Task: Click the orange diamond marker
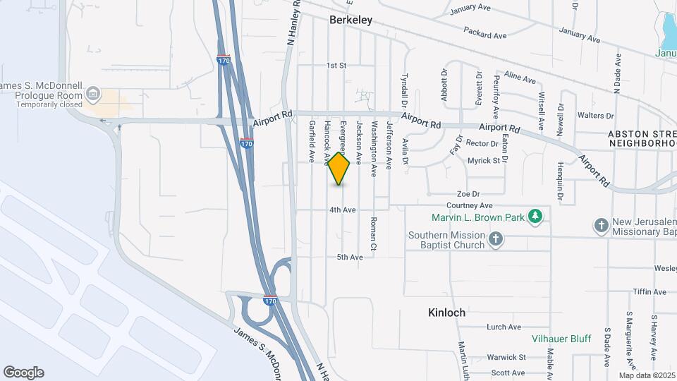(339, 169)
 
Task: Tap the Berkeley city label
(350, 20)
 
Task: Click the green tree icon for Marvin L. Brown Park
(537, 217)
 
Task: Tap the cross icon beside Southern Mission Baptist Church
(496, 239)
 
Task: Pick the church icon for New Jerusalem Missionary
(601, 226)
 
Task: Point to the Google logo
(23, 373)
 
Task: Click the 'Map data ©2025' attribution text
(647, 375)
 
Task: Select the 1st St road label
(337, 66)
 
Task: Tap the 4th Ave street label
(343, 210)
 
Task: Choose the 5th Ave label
(350, 258)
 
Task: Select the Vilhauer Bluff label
(561, 339)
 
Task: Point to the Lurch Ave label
(504, 327)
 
